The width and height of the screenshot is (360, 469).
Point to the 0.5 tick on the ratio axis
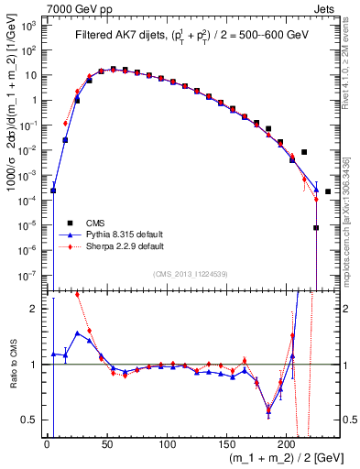pyautogui.click(x=33, y=420)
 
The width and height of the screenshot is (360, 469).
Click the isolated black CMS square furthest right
pyautogui.click(x=328, y=191)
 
